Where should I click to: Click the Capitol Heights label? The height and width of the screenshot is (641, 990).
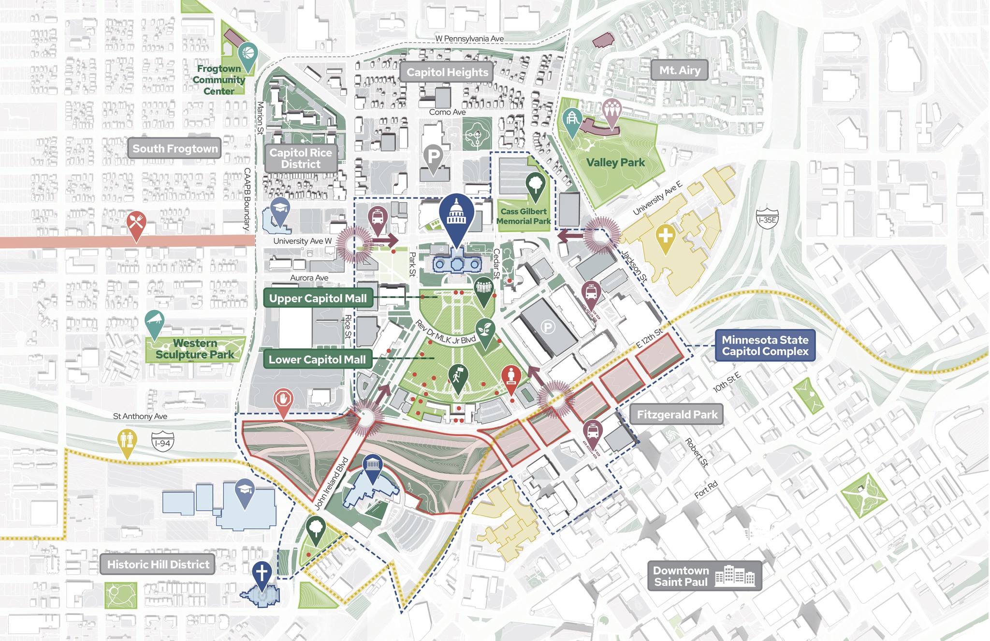447,72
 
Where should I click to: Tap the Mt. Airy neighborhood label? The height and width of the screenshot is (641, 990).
680,70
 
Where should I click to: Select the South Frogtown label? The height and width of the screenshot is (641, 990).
175,149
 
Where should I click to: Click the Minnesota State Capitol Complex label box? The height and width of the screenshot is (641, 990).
765,345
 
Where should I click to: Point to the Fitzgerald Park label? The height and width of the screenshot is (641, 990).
677,415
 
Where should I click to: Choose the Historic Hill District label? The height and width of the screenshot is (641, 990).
158,564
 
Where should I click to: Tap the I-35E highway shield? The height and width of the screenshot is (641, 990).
767,219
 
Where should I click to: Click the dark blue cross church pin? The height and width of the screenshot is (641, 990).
262,574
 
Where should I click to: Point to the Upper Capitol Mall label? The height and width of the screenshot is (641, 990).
318,298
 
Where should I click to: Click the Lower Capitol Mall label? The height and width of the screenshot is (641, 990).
317,359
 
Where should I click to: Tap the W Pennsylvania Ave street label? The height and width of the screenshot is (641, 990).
469,39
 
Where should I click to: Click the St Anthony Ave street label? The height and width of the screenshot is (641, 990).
140,416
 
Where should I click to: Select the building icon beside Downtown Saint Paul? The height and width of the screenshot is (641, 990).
734,576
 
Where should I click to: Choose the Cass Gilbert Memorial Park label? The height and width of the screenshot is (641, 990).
524,216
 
